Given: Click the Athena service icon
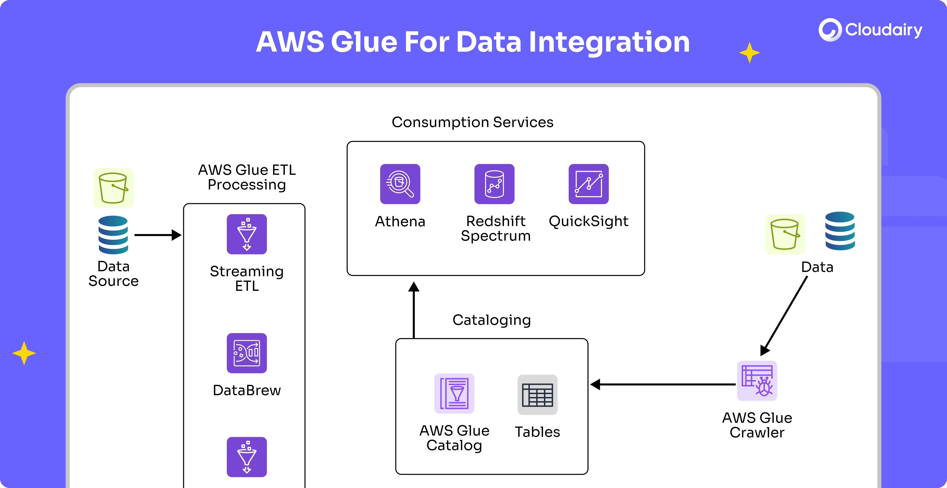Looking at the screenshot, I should coord(400,184).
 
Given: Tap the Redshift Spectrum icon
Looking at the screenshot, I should coord(494,184).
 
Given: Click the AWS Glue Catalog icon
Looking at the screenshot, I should coord(454,393).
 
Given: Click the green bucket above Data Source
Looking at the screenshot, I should coord(113,188).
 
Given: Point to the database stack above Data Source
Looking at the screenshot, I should coord(113,235).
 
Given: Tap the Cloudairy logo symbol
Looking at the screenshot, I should coord(830,30).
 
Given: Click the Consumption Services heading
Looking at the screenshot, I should coord(472,122).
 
